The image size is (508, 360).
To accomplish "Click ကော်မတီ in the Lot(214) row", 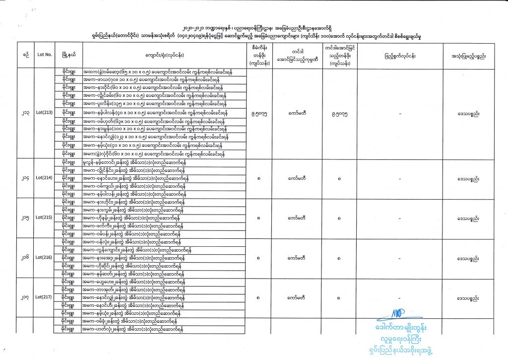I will click(x=296, y=178).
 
